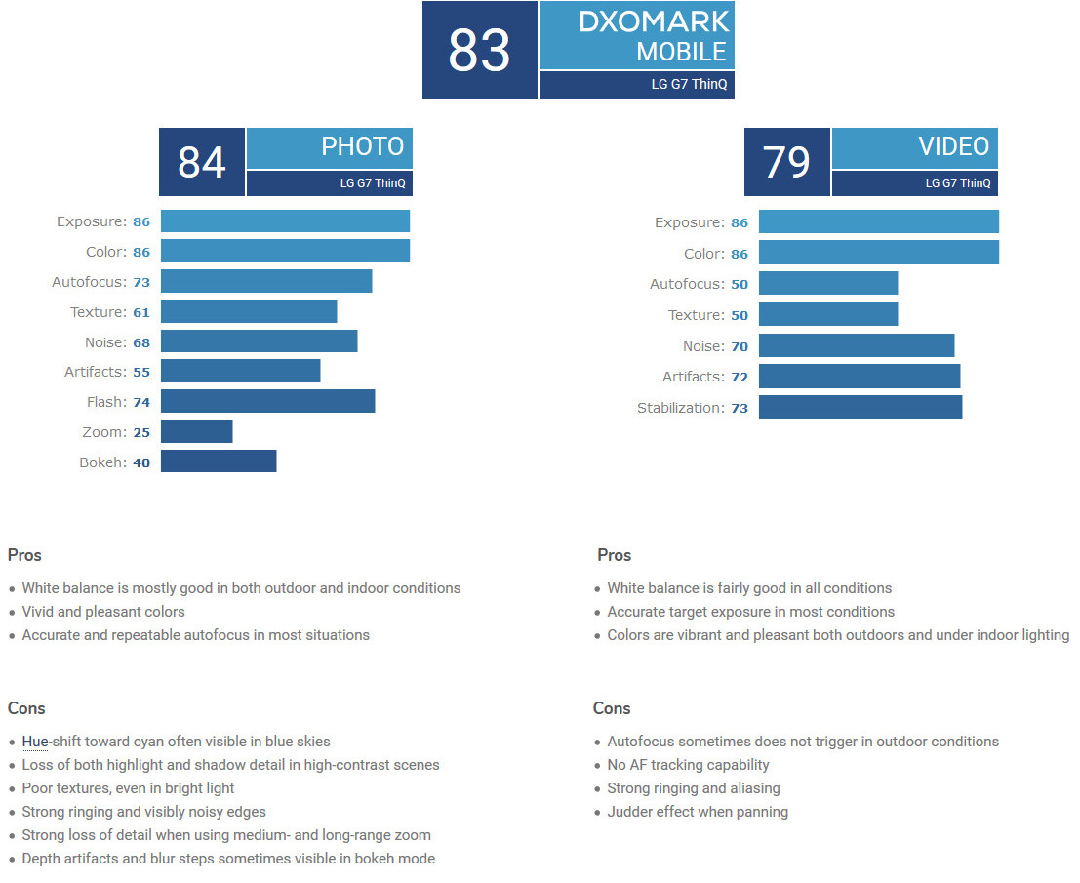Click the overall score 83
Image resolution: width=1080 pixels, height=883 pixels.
[x=479, y=51]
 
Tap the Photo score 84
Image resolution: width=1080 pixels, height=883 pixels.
[x=202, y=162]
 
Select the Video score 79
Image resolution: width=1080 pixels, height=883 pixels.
[x=786, y=162]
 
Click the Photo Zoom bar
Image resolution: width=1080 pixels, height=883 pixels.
[x=196, y=431]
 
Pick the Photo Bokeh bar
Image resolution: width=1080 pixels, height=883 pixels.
[x=219, y=462]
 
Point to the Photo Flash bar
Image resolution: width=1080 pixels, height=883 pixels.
[x=267, y=401]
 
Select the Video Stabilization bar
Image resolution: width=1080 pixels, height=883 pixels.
[x=860, y=407]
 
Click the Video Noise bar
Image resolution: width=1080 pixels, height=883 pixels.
[x=857, y=345]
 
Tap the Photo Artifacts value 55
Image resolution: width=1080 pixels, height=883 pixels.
[x=141, y=372]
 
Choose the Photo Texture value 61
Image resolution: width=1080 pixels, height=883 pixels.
[x=141, y=312]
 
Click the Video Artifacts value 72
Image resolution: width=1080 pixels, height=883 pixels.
[x=739, y=377]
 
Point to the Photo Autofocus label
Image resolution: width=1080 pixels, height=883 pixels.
[x=89, y=282]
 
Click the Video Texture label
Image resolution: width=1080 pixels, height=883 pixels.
[x=696, y=315]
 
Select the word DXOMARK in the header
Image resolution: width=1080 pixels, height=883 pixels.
[x=653, y=21]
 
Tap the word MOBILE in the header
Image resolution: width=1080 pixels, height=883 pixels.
[x=681, y=51]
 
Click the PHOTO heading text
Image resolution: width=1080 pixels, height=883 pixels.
[x=362, y=146]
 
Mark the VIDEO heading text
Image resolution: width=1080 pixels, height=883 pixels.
[x=953, y=146]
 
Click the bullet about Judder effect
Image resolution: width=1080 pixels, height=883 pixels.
[x=698, y=812]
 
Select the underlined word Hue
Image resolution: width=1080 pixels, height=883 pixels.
[x=35, y=742]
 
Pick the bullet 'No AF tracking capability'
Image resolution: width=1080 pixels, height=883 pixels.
[x=688, y=765]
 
